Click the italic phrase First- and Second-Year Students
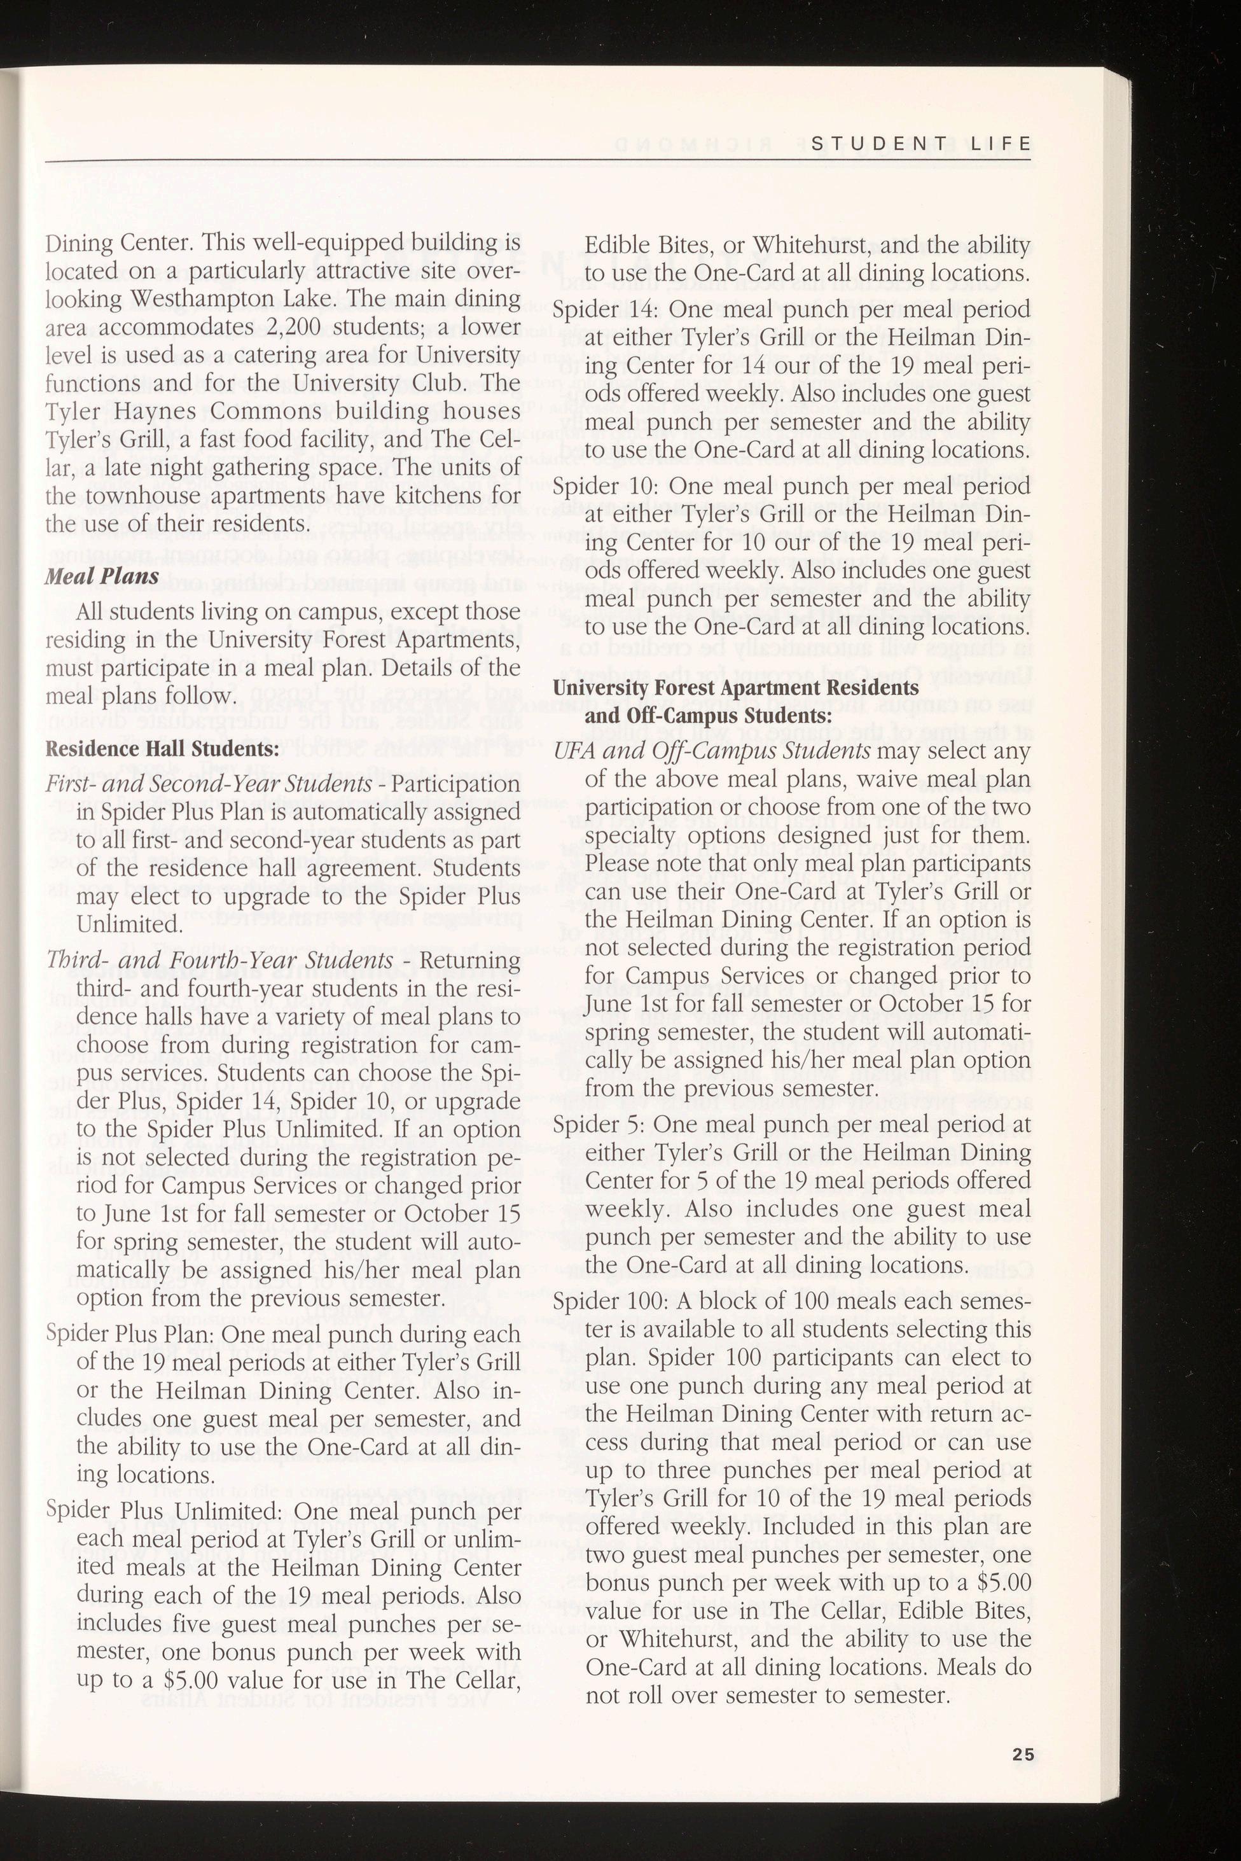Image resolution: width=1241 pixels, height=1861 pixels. pos(209,784)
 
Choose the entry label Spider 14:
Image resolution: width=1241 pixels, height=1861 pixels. pos(606,309)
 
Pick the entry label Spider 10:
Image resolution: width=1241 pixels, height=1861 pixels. pos(606,485)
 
